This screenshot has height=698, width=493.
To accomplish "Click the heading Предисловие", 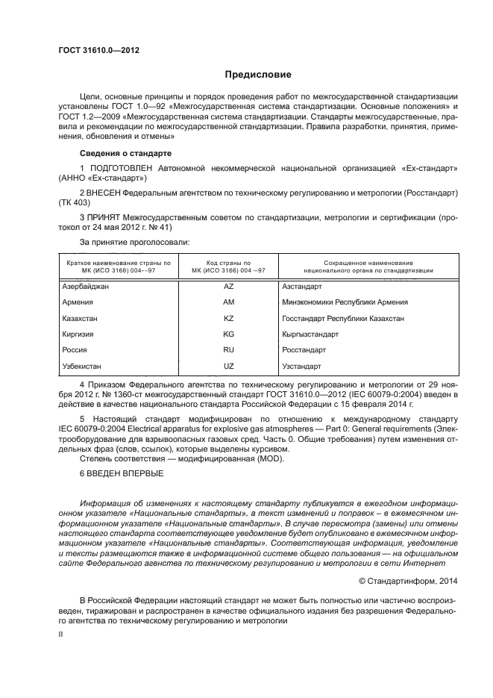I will pos(253,75).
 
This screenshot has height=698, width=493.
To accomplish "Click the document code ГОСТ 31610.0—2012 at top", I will pos(99,50).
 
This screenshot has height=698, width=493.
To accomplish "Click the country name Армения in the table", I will pos(78,302).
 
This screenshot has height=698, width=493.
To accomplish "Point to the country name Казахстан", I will pos(81,318).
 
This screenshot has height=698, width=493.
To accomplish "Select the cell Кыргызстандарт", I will pos(310,334).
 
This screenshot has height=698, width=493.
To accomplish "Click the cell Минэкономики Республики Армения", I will pos(345,302).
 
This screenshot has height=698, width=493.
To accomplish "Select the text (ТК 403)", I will pos(73,202).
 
